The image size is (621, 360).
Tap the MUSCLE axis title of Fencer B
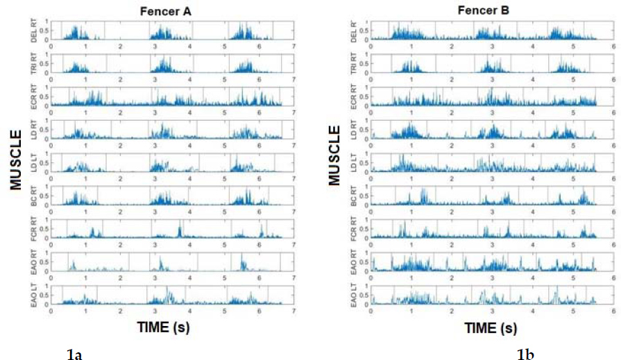click(x=334, y=155)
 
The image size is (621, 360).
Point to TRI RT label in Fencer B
click(x=355, y=63)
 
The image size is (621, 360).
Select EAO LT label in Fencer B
click(x=355, y=294)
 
